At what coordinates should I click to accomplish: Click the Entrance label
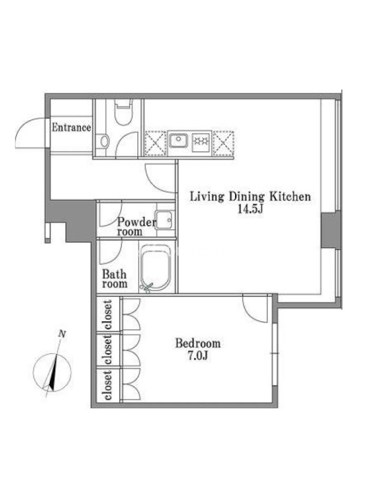[71, 128]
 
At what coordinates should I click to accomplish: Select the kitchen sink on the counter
[178, 139]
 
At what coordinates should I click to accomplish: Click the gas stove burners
[201, 141]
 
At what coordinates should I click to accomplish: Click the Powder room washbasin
[165, 220]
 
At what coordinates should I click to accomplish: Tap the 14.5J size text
[251, 209]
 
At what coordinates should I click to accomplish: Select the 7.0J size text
[198, 355]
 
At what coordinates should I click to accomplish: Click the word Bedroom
[198, 344]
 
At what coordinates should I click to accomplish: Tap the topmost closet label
[108, 314]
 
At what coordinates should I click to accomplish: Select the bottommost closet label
[108, 385]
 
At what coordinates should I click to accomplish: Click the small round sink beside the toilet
[104, 141]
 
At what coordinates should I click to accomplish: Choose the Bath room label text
[114, 279]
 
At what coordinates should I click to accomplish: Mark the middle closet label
[108, 350]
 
